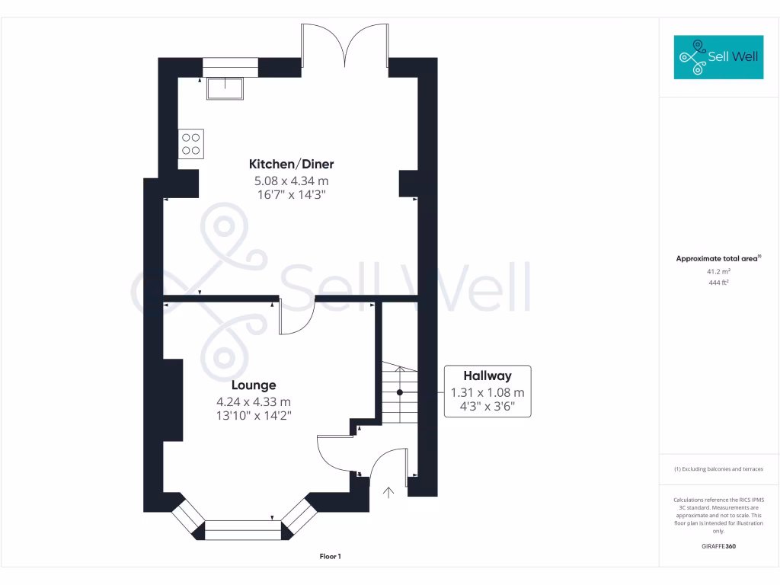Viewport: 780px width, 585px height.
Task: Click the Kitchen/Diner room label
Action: [x=291, y=164]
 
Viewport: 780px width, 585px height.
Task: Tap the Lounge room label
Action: [x=254, y=385]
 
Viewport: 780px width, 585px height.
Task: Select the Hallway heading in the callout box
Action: [x=487, y=376]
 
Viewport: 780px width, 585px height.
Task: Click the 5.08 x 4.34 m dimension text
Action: [x=291, y=181]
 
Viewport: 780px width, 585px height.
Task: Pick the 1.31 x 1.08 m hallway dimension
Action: [x=487, y=393]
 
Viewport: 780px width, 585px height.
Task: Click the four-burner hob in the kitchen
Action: [x=191, y=144]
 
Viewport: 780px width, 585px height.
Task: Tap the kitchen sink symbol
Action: [x=225, y=88]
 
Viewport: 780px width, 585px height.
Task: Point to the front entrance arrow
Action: [x=388, y=492]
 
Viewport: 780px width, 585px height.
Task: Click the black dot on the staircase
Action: [x=399, y=393]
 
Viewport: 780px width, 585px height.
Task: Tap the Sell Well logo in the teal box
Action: [x=718, y=57]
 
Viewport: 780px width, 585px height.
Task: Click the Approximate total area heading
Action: [x=718, y=259]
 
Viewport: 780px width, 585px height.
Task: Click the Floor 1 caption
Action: [x=330, y=557]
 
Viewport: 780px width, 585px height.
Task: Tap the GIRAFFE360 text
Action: [x=718, y=546]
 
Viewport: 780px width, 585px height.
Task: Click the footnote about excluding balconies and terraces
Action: [x=718, y=469]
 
